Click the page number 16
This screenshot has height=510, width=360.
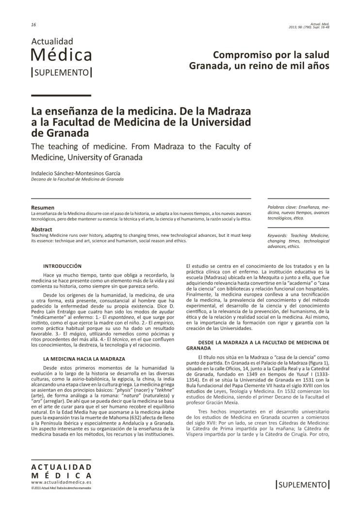coord(33,25)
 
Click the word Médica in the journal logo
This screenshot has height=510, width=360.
coord(61,55)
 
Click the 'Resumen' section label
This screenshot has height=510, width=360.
coord(43,208)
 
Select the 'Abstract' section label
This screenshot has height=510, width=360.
coord(42,229)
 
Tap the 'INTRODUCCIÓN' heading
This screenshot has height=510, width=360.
coord(63,266)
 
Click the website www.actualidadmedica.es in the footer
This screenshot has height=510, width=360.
coord(61,483)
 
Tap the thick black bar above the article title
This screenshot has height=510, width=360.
coord(61,95)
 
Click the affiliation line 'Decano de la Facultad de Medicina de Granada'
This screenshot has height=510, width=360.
coord(77,179)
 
